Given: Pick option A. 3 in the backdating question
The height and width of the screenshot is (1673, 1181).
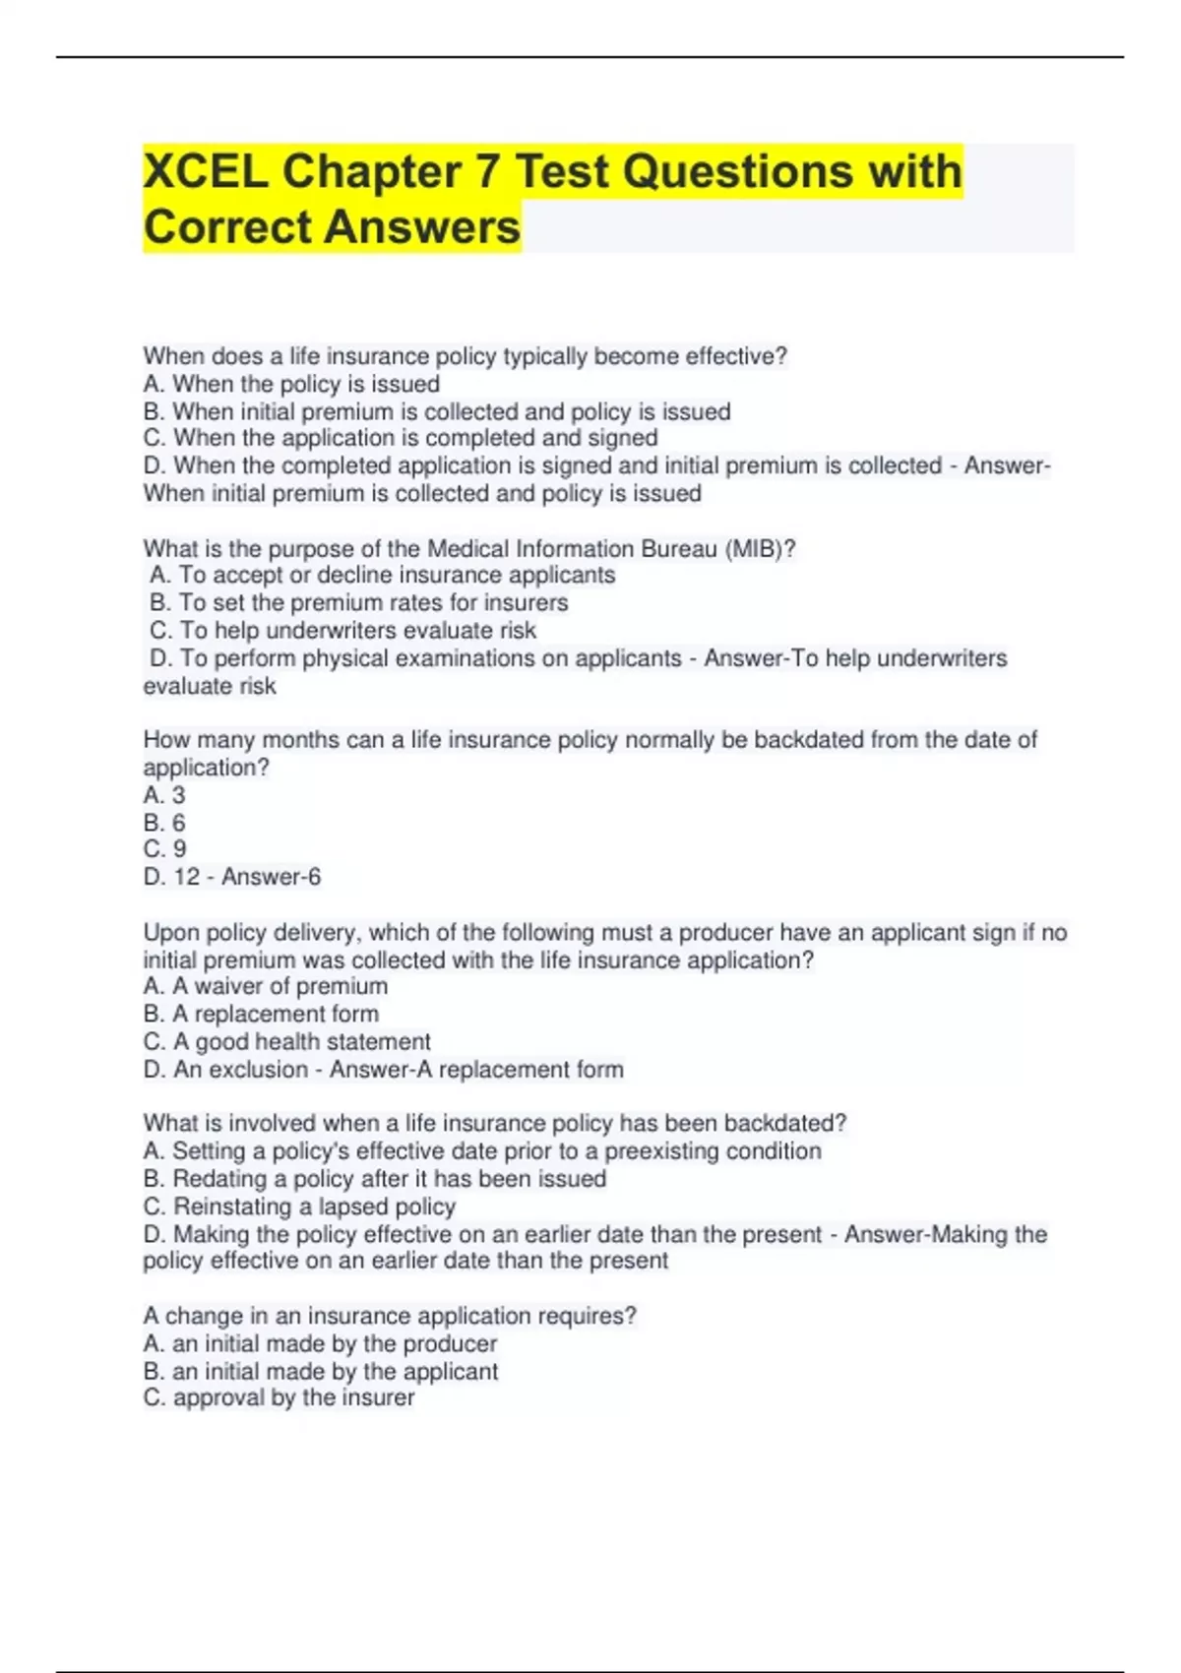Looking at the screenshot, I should coord(164,795).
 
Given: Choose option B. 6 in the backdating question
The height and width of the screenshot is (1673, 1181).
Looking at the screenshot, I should coord(164,823).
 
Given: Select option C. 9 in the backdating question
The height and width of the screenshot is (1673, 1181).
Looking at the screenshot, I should coord(164,849).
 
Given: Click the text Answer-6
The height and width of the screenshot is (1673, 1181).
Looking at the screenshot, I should coord(271,877).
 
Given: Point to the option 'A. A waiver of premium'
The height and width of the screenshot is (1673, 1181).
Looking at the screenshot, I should coord(266,986).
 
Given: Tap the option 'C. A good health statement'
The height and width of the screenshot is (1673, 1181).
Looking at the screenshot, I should coord(286,1041).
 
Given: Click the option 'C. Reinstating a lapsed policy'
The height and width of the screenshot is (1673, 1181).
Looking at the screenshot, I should coord(299,1207).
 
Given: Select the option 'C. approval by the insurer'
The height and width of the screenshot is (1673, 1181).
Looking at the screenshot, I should coord(279,1397).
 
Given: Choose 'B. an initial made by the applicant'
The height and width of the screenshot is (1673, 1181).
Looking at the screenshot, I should coord(321,1371).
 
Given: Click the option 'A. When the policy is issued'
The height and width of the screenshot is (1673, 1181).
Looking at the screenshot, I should coord(291,384).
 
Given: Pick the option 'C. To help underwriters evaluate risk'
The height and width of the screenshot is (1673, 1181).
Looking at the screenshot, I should coord(343,631).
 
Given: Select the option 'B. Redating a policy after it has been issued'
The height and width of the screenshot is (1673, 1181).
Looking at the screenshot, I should coord(375,1179).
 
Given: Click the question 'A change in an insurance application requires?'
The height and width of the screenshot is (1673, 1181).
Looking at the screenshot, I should coord(390,1316).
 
